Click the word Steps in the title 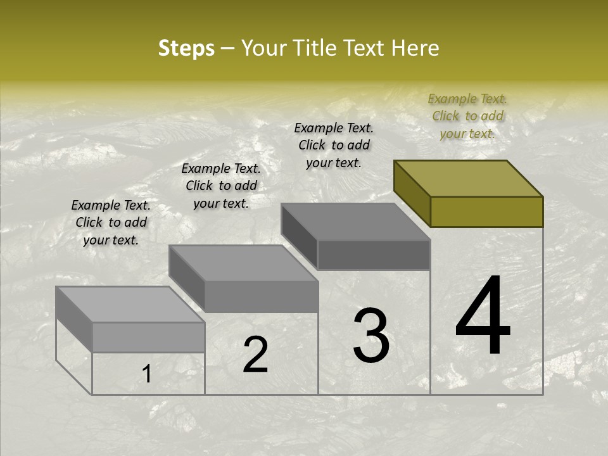186,48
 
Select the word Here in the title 415,48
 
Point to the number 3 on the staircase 371,335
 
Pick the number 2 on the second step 255,355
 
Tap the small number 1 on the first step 147,374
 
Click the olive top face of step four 467,179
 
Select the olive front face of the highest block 486,212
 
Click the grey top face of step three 355,222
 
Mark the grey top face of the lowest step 130,305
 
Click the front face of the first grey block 148,337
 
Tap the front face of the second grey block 261,296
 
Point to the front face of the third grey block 374,255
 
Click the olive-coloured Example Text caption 467,116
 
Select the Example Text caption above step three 334,145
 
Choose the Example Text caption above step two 221,186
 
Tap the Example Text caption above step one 111,222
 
